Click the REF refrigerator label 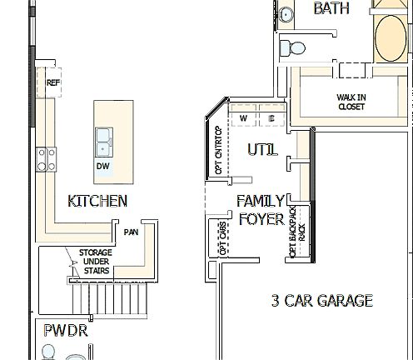[53, 83]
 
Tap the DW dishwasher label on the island [103, 167]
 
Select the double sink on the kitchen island [105, 142]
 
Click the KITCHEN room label [97, 201]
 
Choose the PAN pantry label [131, 232]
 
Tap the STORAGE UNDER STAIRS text [96, 262]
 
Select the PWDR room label [66, 331]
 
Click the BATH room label [331, 9]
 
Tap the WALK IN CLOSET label [351, 102]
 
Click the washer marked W [244, 118]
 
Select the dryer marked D [272, 118]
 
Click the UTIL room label [262, 150]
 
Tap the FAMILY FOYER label [261, 210]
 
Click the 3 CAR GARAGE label [322, 301]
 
